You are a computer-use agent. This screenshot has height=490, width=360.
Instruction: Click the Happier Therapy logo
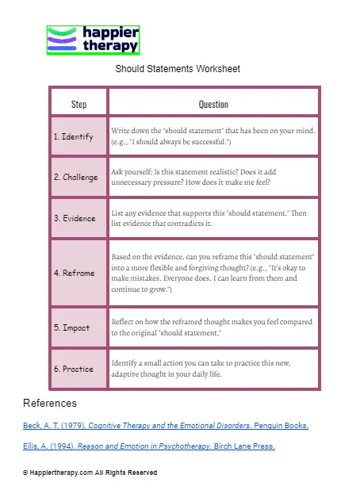pos(94,40)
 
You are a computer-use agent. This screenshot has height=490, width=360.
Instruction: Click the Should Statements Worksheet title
pos(178,69)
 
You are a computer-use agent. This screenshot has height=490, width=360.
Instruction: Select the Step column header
pos(79,104)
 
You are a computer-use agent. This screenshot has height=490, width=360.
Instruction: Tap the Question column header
pos(213,104)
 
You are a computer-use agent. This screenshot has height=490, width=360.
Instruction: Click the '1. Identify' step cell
pos(73,136)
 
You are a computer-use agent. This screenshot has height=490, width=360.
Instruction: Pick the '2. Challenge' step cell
pos(75,177)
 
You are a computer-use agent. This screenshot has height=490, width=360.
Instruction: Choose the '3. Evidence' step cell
pos(74,218)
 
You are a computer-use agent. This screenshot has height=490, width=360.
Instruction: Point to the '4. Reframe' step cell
pos(74,273)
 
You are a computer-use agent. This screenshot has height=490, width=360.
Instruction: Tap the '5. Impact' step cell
pos(71,327)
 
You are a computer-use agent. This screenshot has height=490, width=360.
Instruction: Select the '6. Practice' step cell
pos(73,369)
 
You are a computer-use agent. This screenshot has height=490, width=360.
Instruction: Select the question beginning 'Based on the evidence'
pos(213,273)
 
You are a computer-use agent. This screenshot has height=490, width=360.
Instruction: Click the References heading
pos(50,404)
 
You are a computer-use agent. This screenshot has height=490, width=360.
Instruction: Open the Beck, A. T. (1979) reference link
pos(166,426)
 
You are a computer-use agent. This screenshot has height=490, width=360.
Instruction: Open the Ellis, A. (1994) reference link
pos(149,446)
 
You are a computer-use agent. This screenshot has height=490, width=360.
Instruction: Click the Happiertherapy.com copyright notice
pos(90,473)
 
